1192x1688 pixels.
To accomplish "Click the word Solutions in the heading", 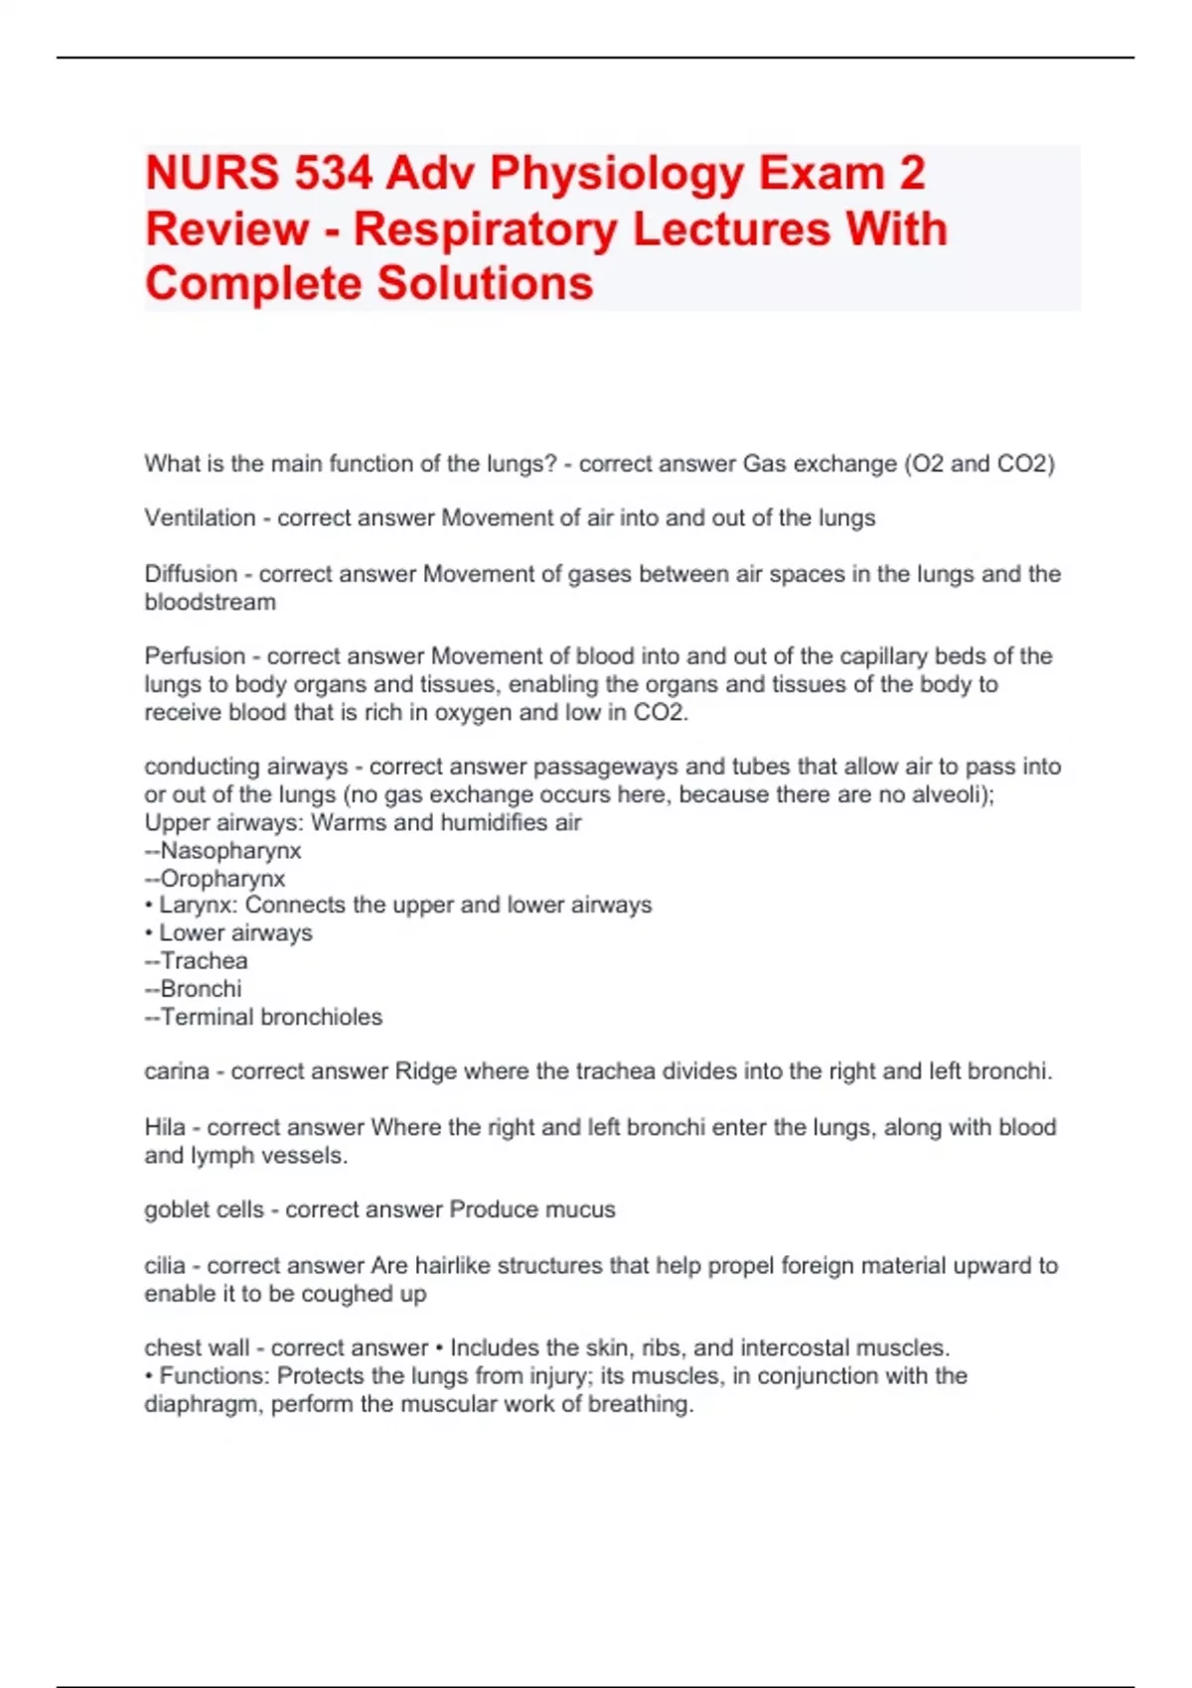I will pos(485,284).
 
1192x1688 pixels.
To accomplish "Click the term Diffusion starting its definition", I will pos(191,574).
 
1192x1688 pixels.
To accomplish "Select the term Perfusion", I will pos(195,656).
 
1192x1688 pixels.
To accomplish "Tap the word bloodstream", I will pos(210,602).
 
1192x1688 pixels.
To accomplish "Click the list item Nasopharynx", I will pos(230,851).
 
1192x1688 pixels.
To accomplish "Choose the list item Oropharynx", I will pos(223,879).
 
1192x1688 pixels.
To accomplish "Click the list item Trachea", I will pos(204,961).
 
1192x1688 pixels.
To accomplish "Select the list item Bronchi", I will pos(201,989).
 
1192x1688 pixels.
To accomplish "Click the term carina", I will pos(176,1071).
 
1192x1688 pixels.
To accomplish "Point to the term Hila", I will pos(165,1128).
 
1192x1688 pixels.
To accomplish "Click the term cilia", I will pos(165,1266).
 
